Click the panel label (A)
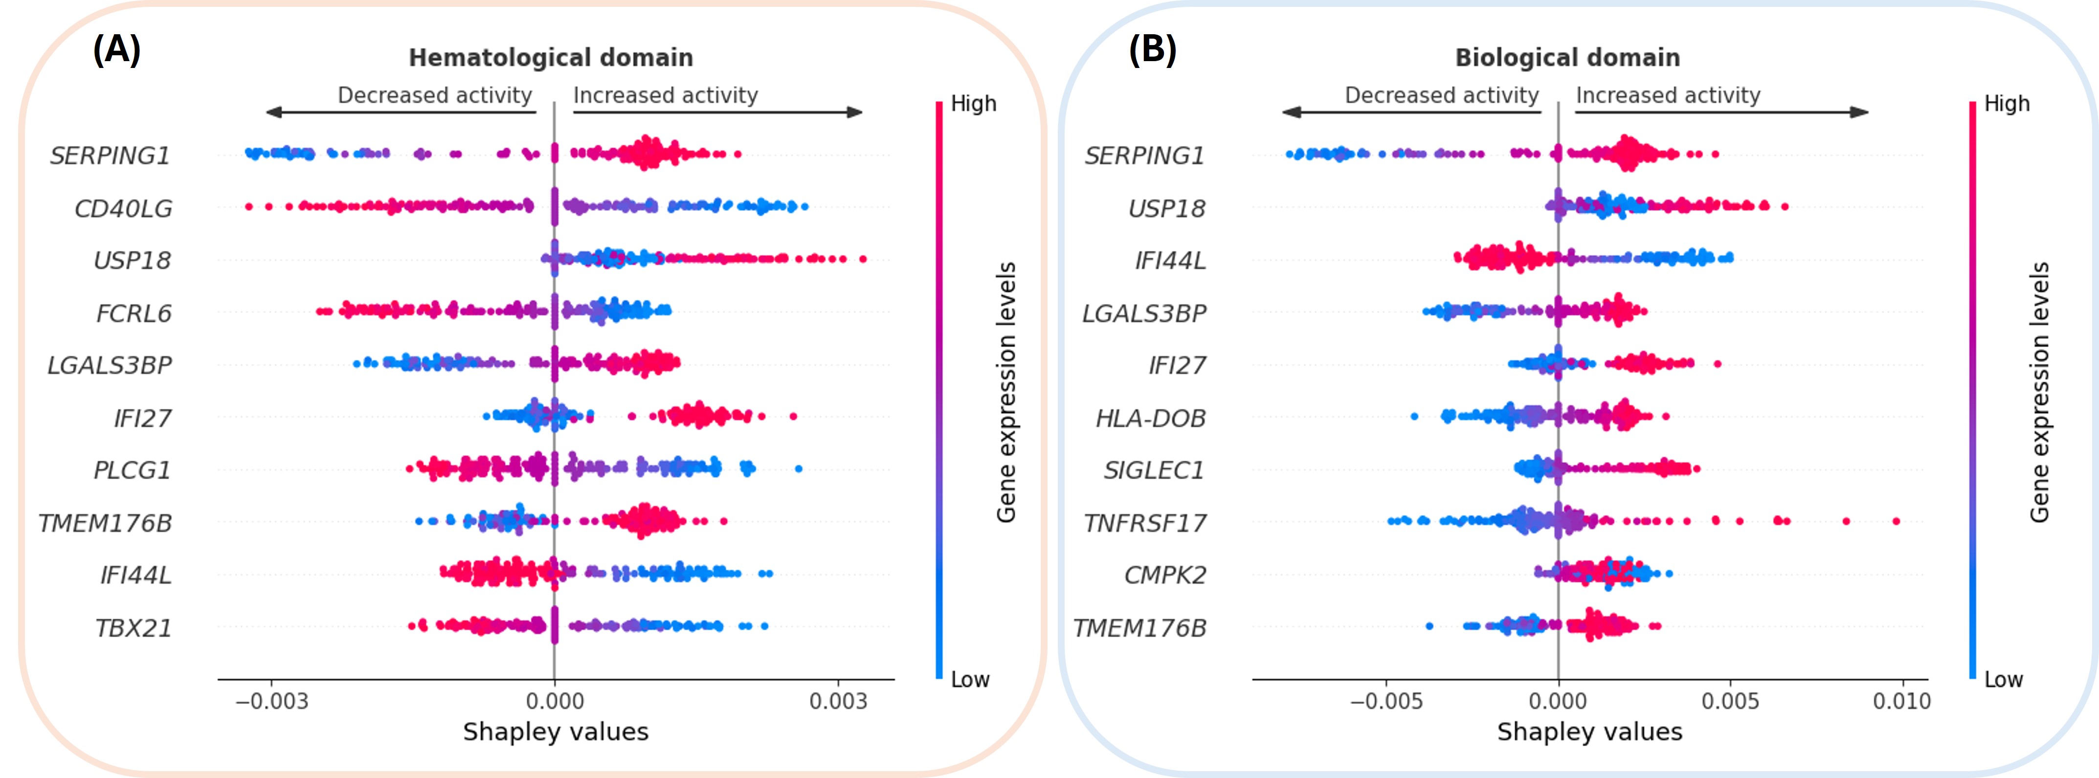[116, 50]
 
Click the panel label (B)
[1152, 50]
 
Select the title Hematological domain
[551, 58]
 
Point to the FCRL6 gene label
[134, 313]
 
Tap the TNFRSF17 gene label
[1145, 523]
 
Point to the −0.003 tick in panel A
[271, 701]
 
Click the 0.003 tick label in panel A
[838, 701]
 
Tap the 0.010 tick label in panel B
[1901, 701]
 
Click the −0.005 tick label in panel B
[1386, 701]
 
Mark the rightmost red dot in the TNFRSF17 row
[1896, 521]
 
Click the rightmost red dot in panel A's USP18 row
[863, 259]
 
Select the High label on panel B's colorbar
[2006, 104]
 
